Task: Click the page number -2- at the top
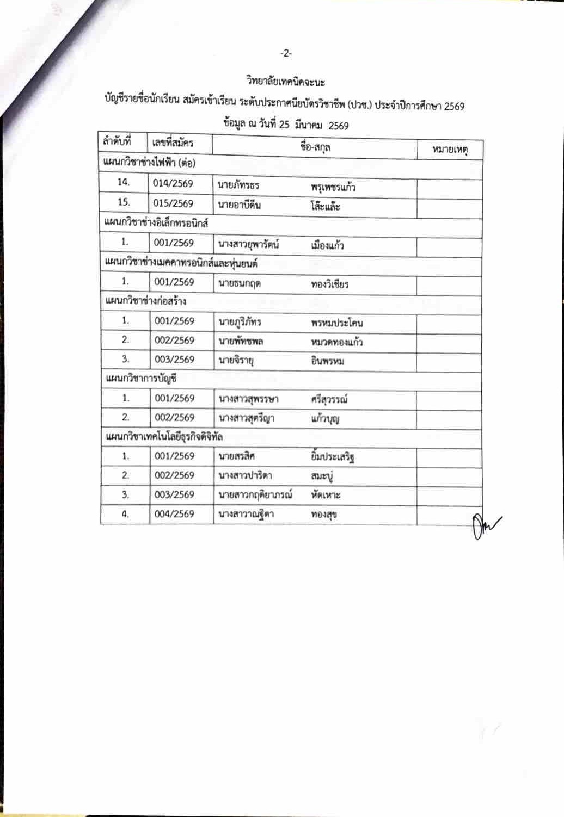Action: pyautogui.click(x=286, y=53)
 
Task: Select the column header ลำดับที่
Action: pyautogui.click(x=117, y=142)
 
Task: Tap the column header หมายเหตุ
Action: pyautogui.click(x=450, y=148)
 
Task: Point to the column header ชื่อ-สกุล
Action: pyautogui.click(x=315, y=146)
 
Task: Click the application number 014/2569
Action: pyautogui.click(x=173, y=184)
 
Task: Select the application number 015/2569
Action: pyautogui.click(x=173, y=203)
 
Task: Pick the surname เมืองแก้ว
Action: pyautogui.click(x=328, y=245)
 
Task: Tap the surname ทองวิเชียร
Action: pyautogui.click(x=330, y=284)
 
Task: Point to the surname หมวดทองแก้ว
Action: pyautogui.click(x=337, y=342)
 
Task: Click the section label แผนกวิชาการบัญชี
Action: pyautogui.click(x=140, y=379)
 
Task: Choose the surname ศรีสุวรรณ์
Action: pyautogui.click(x=329, y=400)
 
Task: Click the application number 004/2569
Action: pyautogui.click(x=174, y=514)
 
